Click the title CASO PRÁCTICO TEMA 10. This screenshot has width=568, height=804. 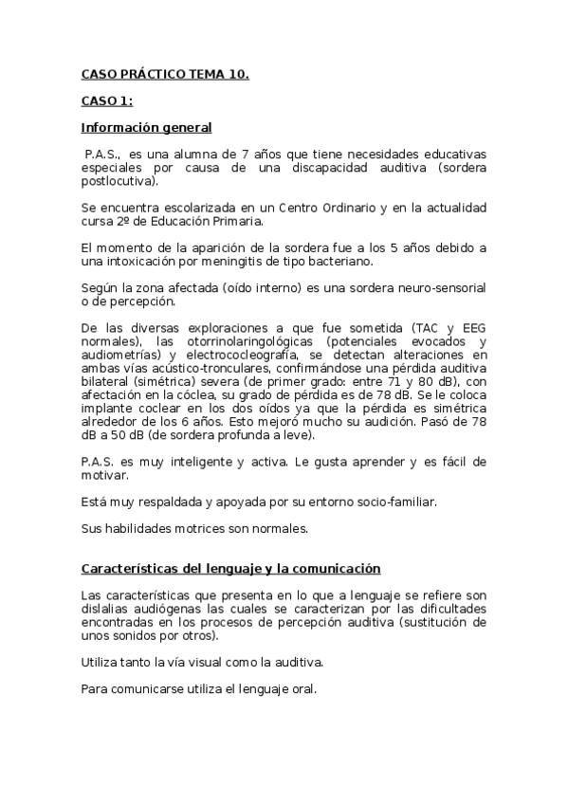click(x=165, y=72)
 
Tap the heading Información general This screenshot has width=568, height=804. click(x=146, y=127)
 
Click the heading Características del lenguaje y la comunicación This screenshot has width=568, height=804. click(x=230, y=568)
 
